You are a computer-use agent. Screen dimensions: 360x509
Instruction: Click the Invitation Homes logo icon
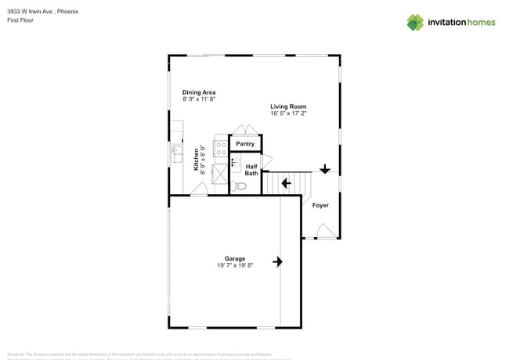point(416,22)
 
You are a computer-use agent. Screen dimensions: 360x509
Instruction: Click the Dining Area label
point(199,92)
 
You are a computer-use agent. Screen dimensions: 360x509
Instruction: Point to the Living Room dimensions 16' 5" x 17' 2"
point(288,113)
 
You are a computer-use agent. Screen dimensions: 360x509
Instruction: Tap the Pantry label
point(245,144)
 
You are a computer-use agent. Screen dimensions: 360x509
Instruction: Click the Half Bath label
point(251,170)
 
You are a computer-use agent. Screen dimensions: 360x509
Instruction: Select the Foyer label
point(320,205)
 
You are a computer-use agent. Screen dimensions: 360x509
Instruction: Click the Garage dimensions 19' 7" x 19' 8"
point(235,266)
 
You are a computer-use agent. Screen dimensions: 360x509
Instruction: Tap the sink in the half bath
point(235,164)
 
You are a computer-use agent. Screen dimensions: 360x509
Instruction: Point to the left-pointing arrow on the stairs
point(286,184)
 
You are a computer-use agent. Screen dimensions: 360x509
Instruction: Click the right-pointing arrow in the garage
point(277,261)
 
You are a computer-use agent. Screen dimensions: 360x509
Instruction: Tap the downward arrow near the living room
point(325,168)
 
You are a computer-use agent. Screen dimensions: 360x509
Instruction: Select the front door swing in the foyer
point(325,231)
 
